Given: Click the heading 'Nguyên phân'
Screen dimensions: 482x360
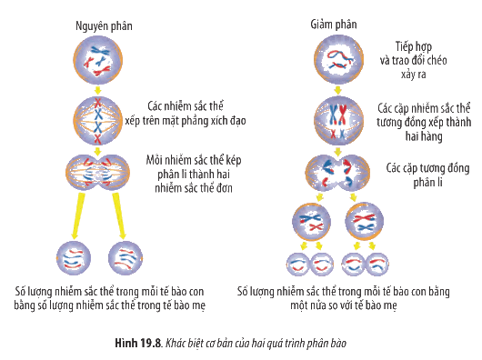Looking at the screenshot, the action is pyautogui.click(x=104, y=26).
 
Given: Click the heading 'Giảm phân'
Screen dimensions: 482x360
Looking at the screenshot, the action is pyautogui.click(x=334, y=25).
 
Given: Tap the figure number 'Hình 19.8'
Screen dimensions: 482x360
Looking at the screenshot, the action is pyautogui.click(x=138, y=343).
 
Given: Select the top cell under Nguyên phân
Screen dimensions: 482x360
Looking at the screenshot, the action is pyautogui.click(x=97, y=60).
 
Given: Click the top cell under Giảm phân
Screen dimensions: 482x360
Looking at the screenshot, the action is pyautogui.click(x=338, y=59).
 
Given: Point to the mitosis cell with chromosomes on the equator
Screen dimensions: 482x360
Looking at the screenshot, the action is pyautogui.click(x=97, y=121).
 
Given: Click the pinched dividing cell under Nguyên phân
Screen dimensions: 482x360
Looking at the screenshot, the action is pyautogui.click(x=97, y=173).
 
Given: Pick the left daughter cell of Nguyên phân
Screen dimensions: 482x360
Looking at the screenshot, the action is pyautogui.click(x=74, y=258).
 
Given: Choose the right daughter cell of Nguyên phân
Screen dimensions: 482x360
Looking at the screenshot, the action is pyautogui.click(x=126, y=258).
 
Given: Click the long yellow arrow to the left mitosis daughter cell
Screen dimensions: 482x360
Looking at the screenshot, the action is pyautogui.click(x=78, y=215).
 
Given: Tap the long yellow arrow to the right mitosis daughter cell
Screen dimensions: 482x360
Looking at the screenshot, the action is pyautogui.click(x=119, y=215).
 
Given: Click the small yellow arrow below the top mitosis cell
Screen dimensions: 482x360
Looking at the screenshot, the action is pyautogui.click(x=97, y=90).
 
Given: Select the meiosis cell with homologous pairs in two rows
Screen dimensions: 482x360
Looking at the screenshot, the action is pyautogui.click(x=338, y=120).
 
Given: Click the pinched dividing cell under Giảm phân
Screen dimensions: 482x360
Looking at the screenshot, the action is pyautogui.click(x=337, y=173).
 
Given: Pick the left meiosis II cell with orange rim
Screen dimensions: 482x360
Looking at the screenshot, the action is pyautogui.click(x=311, y=222).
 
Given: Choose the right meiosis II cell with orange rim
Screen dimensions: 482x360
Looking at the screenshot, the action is pyautogui.click(x=365, y=222).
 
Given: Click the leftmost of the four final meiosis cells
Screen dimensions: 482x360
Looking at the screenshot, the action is pyautogui.click(x=297, y=265).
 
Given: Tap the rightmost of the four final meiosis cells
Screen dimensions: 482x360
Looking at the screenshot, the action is pyautogui.click(x=377, y=265).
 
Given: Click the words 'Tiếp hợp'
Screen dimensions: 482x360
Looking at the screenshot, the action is pyautogui.click(x=414, y=46).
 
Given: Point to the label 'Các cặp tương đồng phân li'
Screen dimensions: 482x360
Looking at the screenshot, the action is pyautogui.click(x=427, y=175).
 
